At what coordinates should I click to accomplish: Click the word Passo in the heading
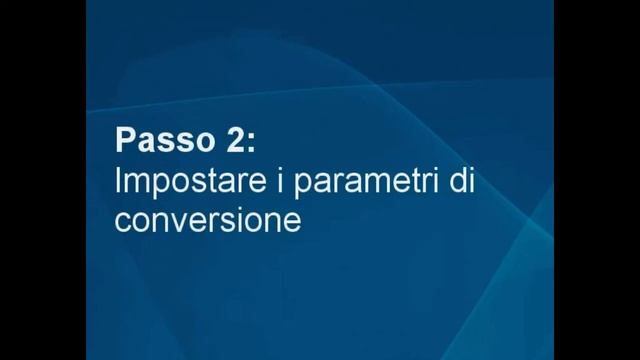tap(162, 139)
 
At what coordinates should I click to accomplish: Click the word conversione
tap(208, 219)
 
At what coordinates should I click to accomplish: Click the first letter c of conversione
tap(124, 221)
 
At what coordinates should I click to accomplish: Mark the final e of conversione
tap(291, 221)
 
